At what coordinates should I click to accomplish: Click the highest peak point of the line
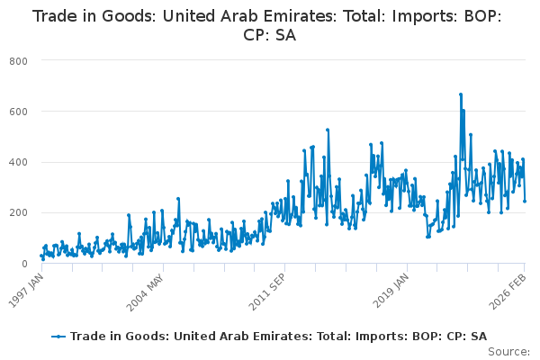pos(461,94)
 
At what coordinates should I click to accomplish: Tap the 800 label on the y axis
pos(18,62)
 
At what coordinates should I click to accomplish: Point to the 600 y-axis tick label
pos(18,112)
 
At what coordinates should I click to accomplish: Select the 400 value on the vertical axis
pos(18,162)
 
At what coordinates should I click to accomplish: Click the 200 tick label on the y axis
pos(18,213)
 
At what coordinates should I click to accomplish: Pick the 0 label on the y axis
pos(24,264)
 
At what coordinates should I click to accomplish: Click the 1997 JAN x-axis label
pos(26,291)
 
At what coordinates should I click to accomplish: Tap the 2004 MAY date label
pos(145,292)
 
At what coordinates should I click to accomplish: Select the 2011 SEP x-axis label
pos(267,292)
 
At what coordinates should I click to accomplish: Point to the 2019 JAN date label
pos(391,291)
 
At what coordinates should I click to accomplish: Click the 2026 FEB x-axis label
pos(508,291)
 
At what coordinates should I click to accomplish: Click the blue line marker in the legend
pos(58,337)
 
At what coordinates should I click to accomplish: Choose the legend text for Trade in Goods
pos(279,337)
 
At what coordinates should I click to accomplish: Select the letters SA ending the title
pos(285,35)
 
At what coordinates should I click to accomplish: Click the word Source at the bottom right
pos(509,352)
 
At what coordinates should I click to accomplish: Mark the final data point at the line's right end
pos(525,202)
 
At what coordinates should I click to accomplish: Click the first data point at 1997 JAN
pos(41,256)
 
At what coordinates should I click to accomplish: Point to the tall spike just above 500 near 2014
pos(328,130)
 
